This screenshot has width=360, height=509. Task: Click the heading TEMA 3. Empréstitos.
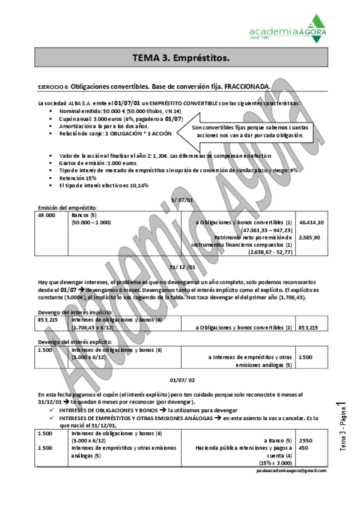click(x=180, y=58)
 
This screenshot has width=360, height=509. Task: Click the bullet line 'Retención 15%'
click(x=78, y=178)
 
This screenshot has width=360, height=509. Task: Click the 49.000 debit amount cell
click(x=46, y=214)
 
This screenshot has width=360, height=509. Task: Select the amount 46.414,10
click(x=311, y=222)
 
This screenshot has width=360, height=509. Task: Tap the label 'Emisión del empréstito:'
click(x=67, y=207)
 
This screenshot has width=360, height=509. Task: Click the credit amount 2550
click(x=305, y=441)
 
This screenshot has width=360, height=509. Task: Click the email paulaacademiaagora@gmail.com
click(x=291, y=471)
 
